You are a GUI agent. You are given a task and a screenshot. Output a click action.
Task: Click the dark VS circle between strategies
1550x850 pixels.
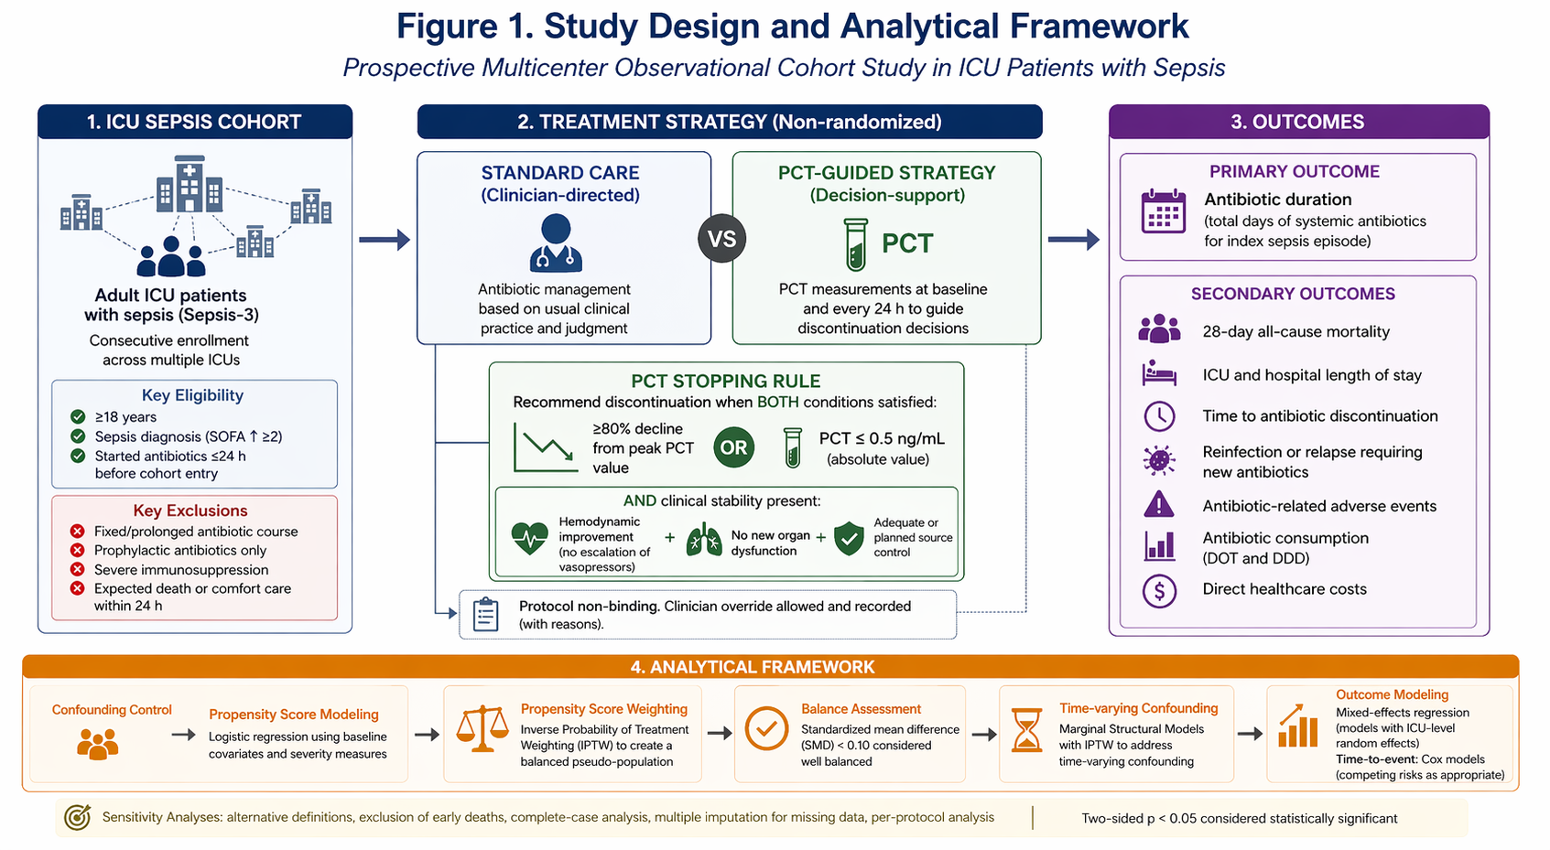pyautogui.click(x=721, y=240)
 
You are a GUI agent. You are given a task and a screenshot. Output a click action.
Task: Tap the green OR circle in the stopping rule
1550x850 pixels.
pyautogui.click(x=733, y=447)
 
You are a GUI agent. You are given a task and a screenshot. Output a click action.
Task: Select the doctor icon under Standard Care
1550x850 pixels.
pyautogui.click(x=556, y=242)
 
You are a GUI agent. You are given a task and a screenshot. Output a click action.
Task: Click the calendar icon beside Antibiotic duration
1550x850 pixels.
pyautogui.click(x=1164, y=211)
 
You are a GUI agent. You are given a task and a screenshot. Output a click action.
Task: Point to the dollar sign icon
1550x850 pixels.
pyautogui.click(x=1159, y=591)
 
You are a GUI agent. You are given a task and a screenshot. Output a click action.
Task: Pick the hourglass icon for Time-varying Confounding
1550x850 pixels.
pyautogui.click(x=1027, y=729)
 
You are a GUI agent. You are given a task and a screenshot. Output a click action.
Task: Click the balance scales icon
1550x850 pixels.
pyautogui.click(x=482, y=728)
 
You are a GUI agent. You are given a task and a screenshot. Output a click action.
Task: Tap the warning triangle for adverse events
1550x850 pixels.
pyautogui.click(x=1159, y=504)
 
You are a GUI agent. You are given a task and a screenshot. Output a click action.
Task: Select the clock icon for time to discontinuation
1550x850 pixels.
pyautogui.click(x=1159, y=415)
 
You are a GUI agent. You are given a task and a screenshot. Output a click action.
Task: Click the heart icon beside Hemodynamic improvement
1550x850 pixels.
pyautogui.click(x=529, y=538)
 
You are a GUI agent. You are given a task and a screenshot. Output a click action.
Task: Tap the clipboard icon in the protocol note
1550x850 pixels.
pyautogui.click(x=485, y=613)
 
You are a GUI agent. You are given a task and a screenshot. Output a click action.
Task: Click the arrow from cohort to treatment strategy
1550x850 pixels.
pyautogui.click(x=385, y=240)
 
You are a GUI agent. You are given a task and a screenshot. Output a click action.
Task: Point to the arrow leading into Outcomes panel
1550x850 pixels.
pyautogui.click(x=1073, y=240)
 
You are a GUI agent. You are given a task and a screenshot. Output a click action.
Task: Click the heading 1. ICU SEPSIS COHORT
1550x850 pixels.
pyautogui.click(x=194, y=122)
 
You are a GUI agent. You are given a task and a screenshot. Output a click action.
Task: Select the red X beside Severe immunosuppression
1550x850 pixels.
pyautogui.click(x=78, y=569)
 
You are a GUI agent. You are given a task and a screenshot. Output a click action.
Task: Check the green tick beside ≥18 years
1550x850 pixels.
pyautogui.click(x=78, y=416)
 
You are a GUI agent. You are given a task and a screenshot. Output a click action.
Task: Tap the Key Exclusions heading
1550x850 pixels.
pyautogui.click(x=190, y=511)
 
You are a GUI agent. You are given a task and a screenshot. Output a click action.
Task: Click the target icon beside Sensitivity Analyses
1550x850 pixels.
pyautogui.click(x=78, y=817)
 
